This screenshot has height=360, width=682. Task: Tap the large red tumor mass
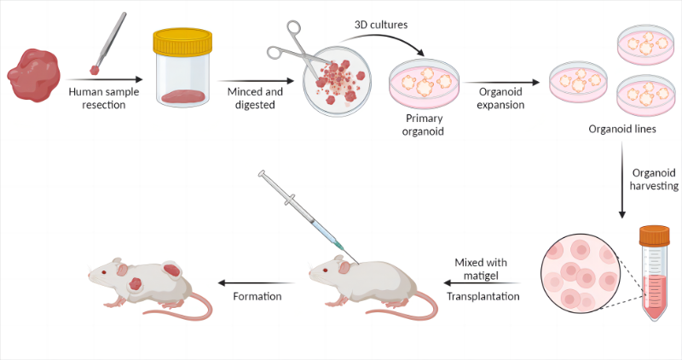pos(33,75)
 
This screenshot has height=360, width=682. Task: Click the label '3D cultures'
pos(381,25)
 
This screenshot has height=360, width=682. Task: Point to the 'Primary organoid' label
pos(423,125)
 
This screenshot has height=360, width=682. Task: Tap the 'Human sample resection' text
pos(103,98)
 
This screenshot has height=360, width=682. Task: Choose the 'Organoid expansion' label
pos(500,98)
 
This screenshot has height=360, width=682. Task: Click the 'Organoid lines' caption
pos(622,129)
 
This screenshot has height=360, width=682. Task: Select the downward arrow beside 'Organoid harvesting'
pos(622,180)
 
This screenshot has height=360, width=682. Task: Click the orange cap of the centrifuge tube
pos(654,235)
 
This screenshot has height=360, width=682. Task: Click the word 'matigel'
pos(481,276)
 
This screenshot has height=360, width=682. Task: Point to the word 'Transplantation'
pos(483,296)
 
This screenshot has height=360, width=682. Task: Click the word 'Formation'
pos(257,296)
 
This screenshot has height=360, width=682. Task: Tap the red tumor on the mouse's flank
pos(136,284)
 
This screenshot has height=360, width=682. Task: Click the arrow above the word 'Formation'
pos(257,283)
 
